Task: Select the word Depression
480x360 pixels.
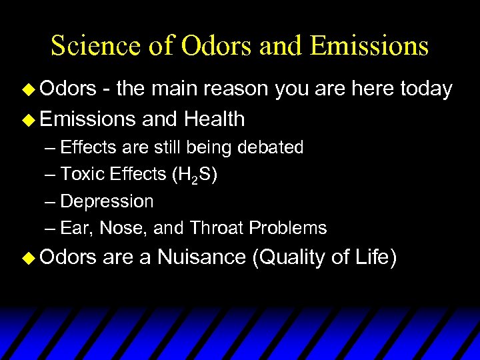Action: click(107, 201)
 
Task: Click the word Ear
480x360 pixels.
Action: click(76, 228)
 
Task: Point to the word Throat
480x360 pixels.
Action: click(217, 228)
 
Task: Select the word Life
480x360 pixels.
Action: click(377, 257)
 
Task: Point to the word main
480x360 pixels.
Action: click(177, 89)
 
